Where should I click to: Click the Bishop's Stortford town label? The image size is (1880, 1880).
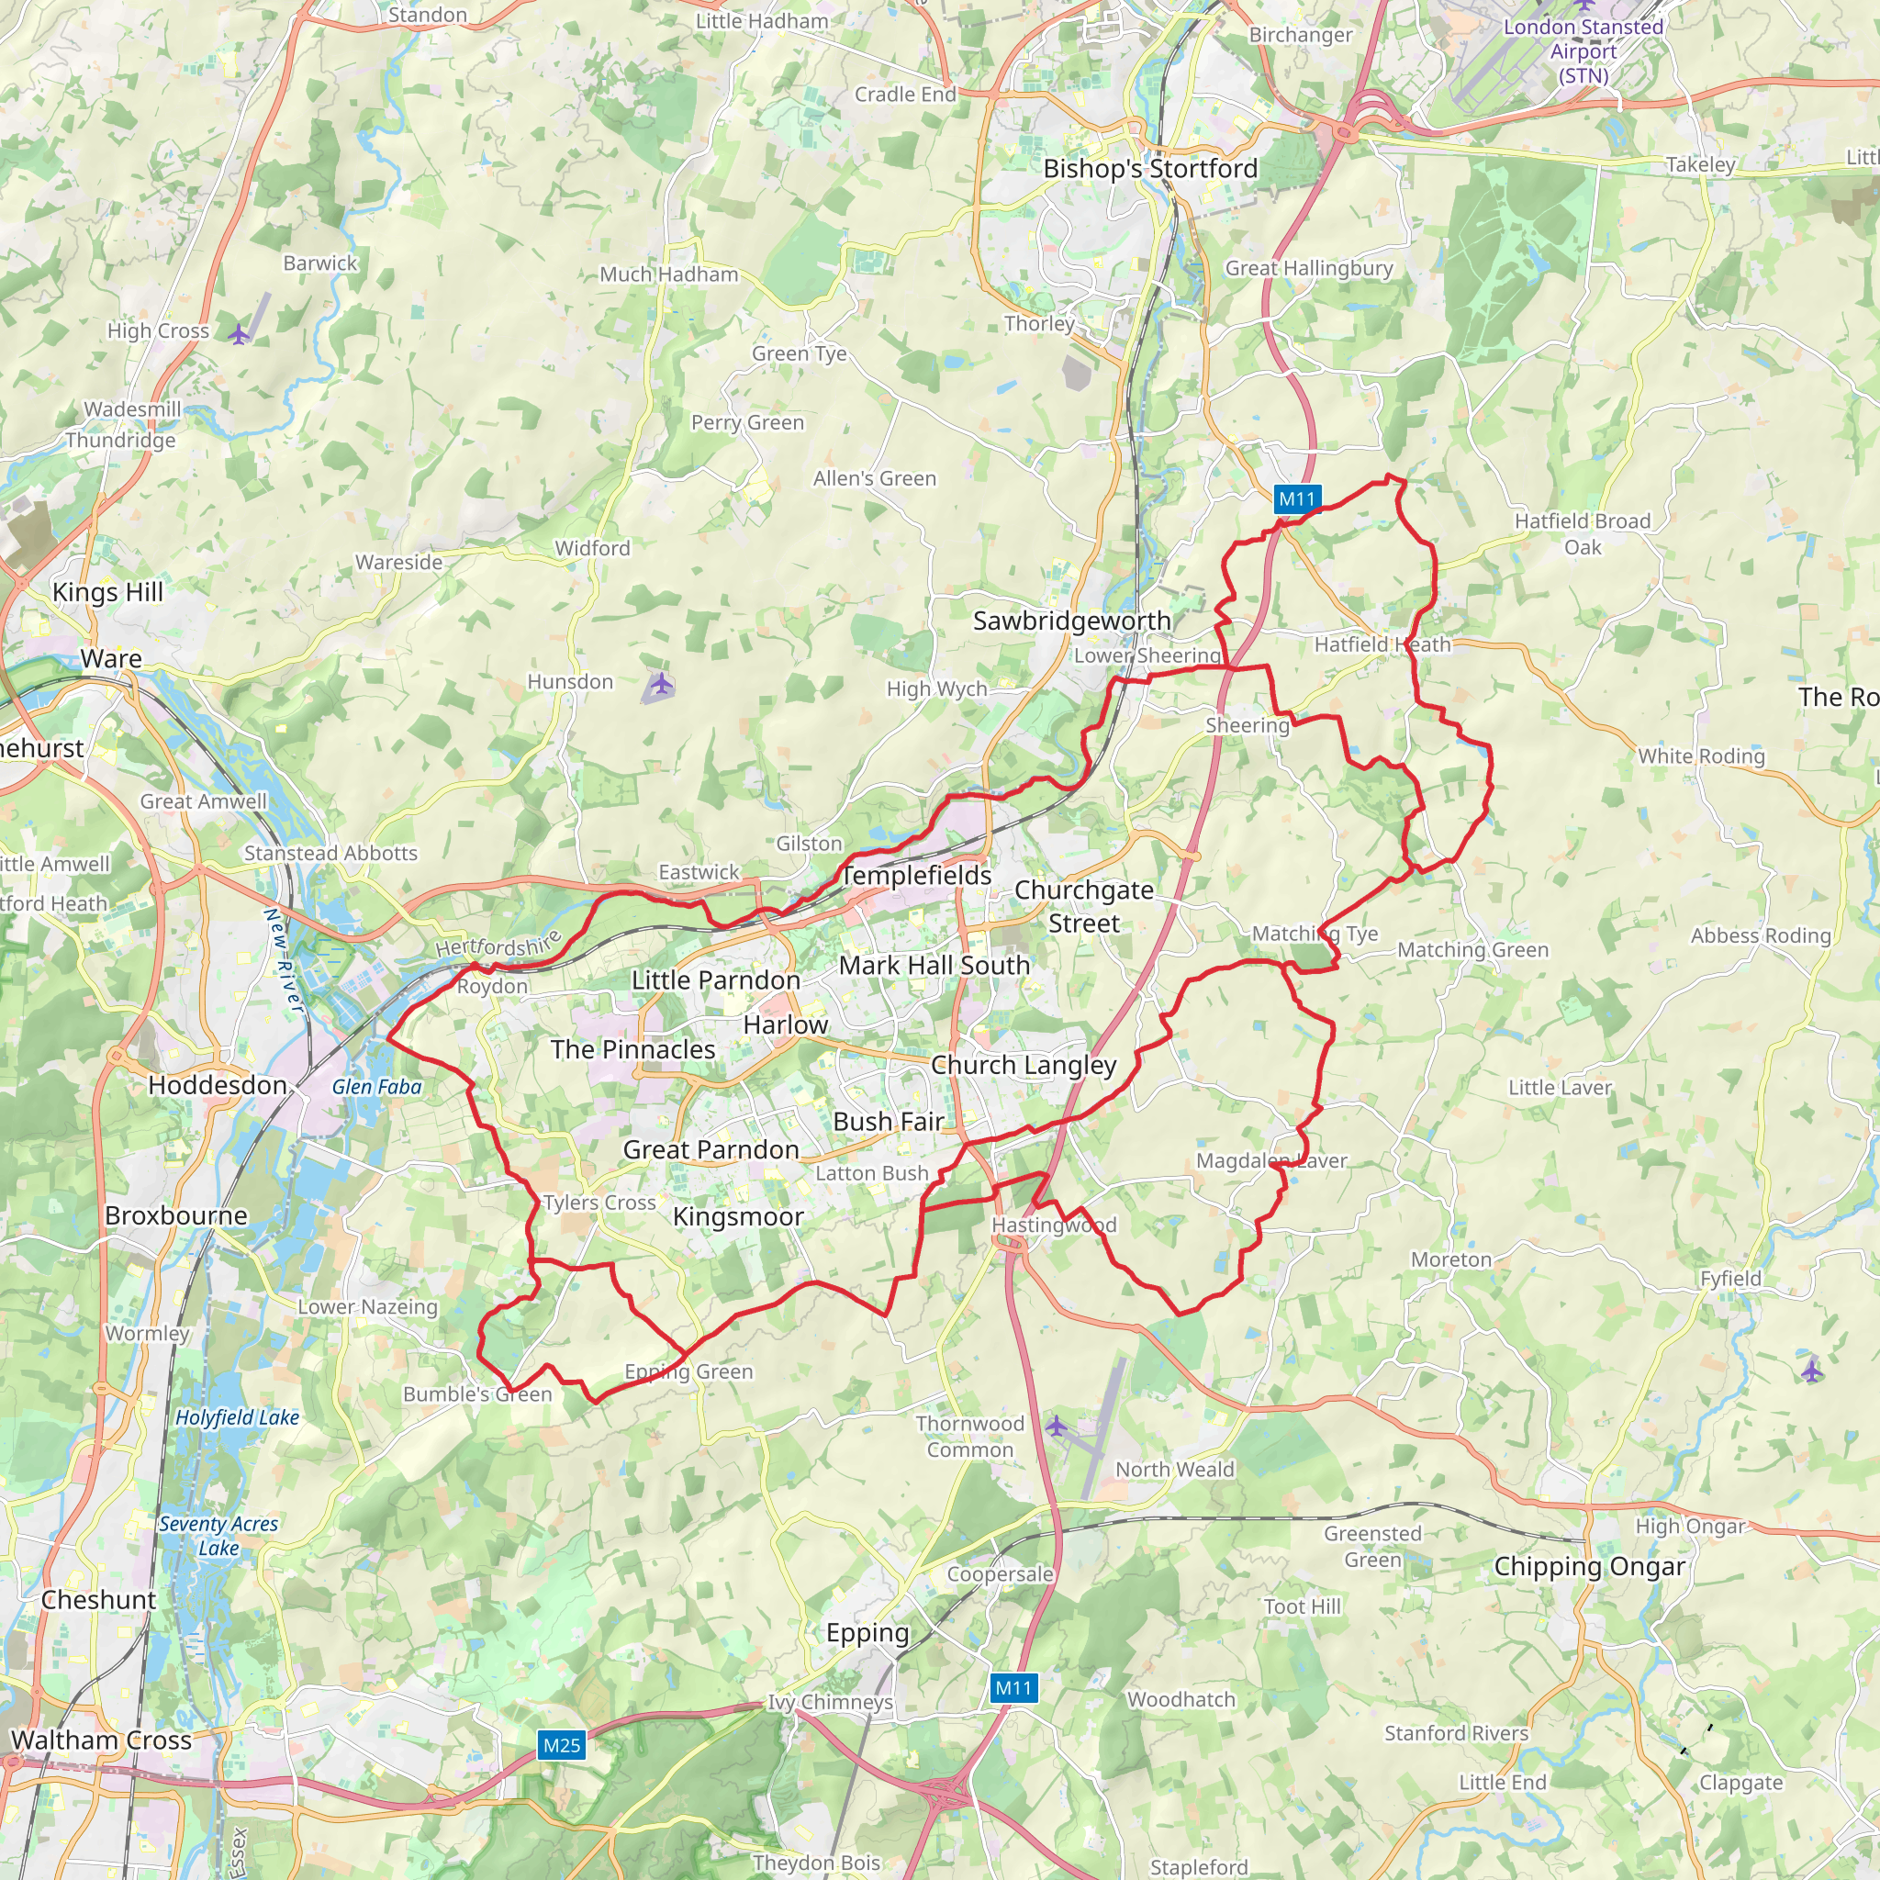click(x=1150, y=168)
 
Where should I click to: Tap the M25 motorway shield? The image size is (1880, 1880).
click(x=562, y=1745)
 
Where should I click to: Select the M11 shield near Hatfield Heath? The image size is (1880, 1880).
click(x=1297, y=499)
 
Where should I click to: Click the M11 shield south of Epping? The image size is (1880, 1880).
click(x=1013, y=1688)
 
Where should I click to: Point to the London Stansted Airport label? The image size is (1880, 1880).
click(x=1583, y=50)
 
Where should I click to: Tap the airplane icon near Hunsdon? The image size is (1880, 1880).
click(x=661, y=684)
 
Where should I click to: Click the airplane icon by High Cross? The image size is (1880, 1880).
click(x=239, y=335)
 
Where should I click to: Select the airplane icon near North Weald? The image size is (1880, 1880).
click(x=1057, y=1427)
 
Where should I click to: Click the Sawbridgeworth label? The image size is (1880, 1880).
click(x=1071, y=621)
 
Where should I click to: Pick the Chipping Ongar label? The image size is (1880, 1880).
click(x=1589, y=1567)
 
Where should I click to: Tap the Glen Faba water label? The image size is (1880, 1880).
click(x=376, y=1087)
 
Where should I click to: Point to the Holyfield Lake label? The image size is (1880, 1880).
click(x=237, y=1417)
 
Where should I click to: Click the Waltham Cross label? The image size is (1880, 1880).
click(x=101, y=1740)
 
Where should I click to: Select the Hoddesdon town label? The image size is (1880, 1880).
click(x=217, y=1085)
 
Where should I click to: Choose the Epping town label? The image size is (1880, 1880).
click(x=867, y=1633)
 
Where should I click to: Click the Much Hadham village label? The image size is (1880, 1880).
click(x=668, y=274)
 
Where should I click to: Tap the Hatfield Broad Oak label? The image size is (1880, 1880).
click(x=1583, y=533)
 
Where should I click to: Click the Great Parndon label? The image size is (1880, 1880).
click(x=711, y=1149)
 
